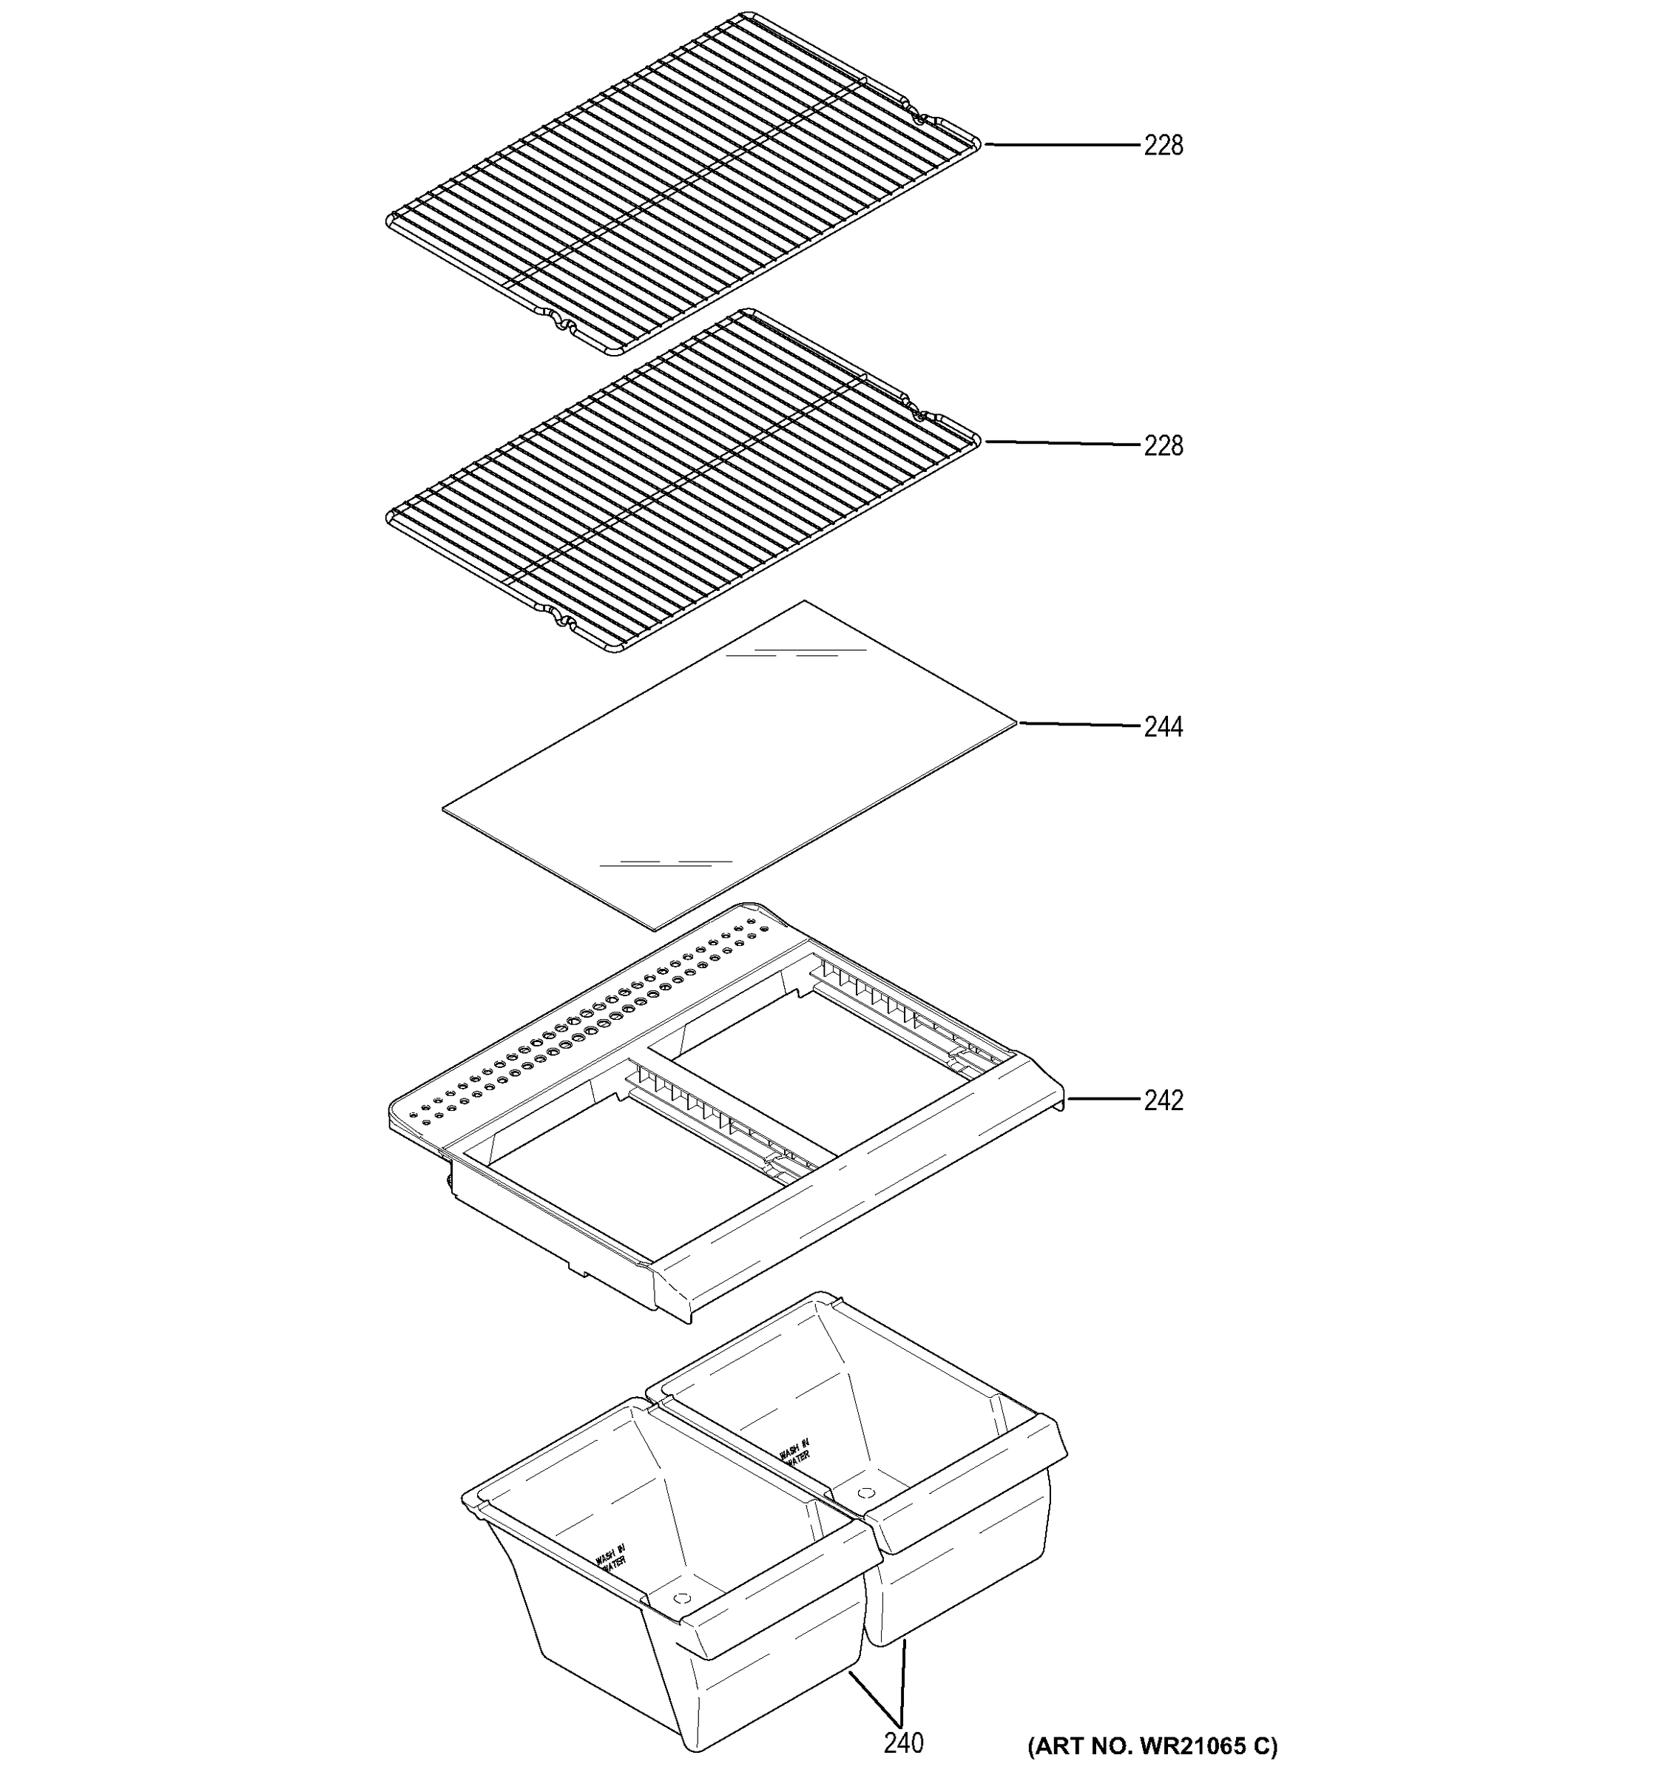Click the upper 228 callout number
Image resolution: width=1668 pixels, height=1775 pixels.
click(1163, 145)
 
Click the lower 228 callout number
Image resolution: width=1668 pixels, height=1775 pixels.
click(1163, 444)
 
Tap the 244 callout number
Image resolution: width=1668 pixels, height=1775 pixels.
click(1163, 727)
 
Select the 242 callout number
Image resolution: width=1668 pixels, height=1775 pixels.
click(1163, 1100)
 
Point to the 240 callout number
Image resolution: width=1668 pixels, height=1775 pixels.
click(904, 1741)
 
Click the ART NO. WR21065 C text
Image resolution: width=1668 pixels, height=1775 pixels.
click(1152, 1745)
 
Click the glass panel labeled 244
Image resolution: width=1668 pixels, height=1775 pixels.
click(728, 768)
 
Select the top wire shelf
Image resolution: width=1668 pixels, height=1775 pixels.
click(683, 183)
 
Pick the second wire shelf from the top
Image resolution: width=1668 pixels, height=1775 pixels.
click(683, 482)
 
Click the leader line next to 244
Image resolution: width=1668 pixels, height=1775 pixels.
click(1081, 724)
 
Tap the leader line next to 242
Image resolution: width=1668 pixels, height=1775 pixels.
click(1103, 1099)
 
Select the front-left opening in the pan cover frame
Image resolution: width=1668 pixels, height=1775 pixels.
click(625, 1179)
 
